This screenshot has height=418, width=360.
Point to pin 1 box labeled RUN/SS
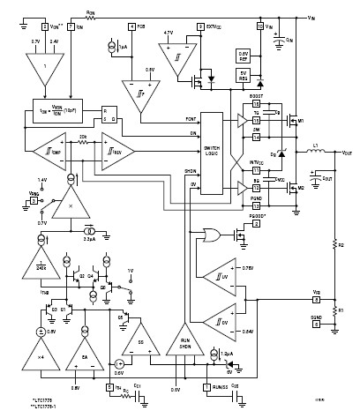coord(206,385)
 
